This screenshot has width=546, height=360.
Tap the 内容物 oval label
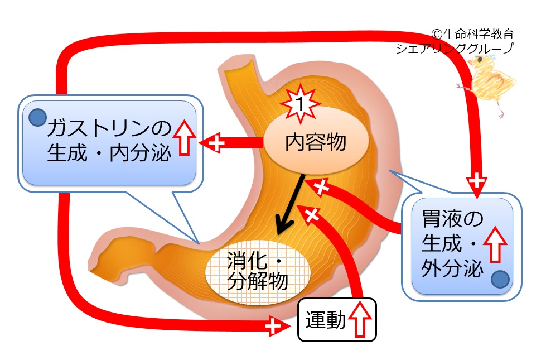[x=315, y=143]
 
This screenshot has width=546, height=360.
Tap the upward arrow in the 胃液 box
[x=495, y=245]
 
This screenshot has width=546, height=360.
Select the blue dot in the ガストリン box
[x=37, y=117]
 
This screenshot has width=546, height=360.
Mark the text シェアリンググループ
[x=454, y=49]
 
